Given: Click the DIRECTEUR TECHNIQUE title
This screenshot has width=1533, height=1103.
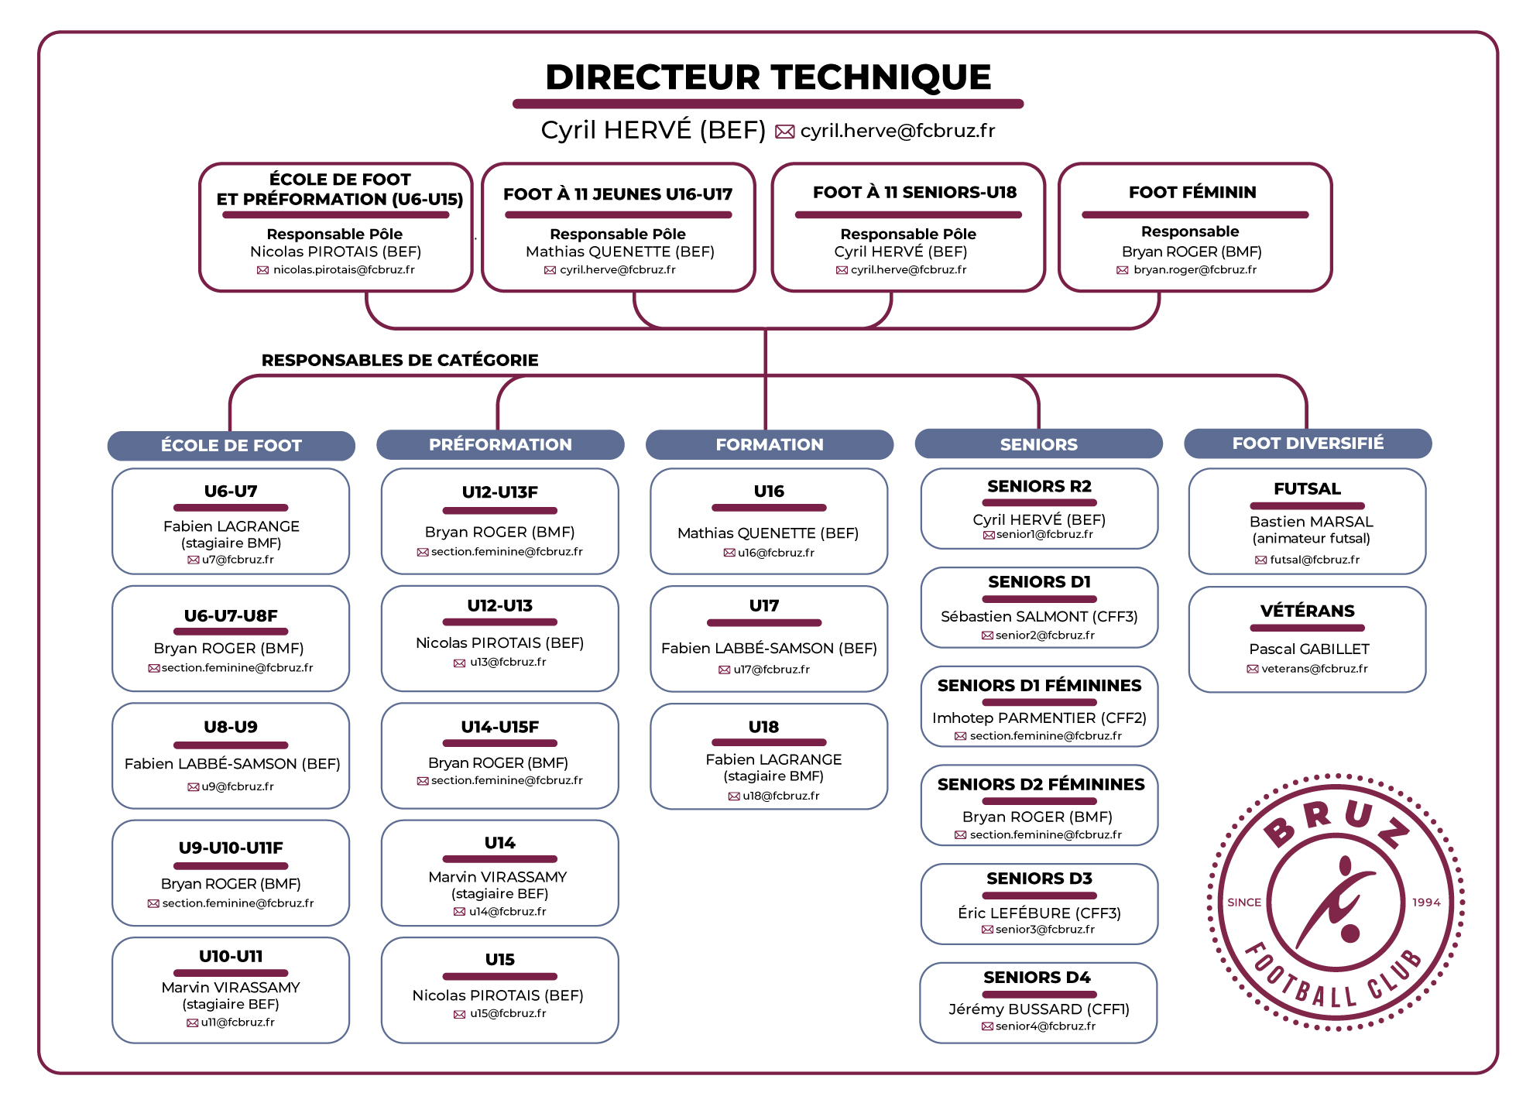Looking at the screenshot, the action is (x=768, y=77).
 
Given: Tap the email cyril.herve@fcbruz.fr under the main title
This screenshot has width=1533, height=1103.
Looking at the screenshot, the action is (x=897, y=131).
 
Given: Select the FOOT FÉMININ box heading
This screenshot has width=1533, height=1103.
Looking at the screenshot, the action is (x=1192, y=192).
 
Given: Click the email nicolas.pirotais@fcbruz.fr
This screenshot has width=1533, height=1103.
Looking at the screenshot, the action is (x=344, y=269).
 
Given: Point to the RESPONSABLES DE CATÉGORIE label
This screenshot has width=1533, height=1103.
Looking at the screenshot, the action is (x=400, y=360).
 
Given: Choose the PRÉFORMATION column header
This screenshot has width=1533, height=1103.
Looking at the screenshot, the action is (x=500, y=444).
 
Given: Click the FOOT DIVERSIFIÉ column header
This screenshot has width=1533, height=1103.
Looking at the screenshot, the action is (x=1308, y=443).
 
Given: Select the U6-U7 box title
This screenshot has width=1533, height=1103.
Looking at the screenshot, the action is (x=231, y=491).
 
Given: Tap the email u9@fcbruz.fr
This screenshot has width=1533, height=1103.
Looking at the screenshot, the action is (x=238, y=786).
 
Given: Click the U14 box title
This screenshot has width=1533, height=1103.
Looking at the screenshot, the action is (x=500, y=842).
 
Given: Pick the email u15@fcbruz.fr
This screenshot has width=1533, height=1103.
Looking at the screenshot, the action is (x=508, y=1013).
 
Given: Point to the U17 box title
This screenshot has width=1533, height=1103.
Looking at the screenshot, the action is (x=764, y=605).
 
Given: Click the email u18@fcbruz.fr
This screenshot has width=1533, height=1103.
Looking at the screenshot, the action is (x=781, y=796).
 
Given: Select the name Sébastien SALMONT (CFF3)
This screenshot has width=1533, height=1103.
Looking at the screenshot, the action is (x=1039, y=616).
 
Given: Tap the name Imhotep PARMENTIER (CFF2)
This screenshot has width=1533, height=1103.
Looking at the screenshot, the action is (x=1039, y=718).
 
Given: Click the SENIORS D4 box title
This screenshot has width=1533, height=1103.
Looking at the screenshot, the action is (x=1037, y=977).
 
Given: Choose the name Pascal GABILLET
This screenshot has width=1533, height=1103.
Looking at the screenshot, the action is (x=1309, y=649).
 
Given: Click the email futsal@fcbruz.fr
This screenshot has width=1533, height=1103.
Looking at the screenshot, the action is (x=1315, y=560).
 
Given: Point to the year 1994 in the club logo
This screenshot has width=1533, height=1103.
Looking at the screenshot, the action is (x=1426, y=903).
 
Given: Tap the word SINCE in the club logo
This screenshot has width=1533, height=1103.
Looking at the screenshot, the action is (x=1244, y=903).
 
